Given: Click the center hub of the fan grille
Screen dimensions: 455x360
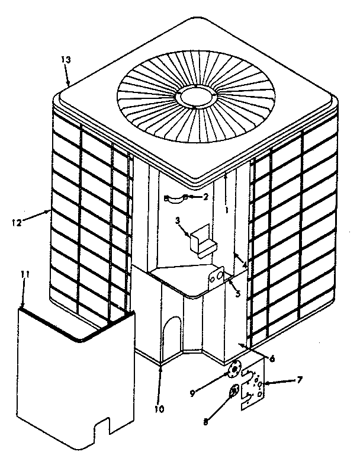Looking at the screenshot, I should pos(197,95).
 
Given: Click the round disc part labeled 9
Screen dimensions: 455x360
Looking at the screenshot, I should pos(235,370).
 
